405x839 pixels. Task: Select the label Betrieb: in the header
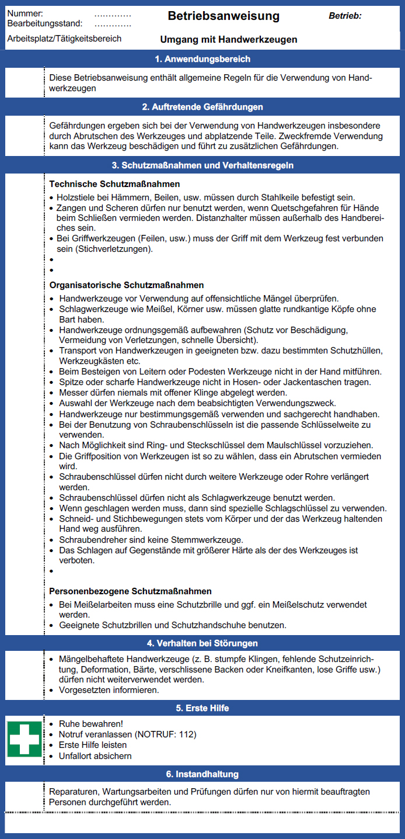pos(345,16)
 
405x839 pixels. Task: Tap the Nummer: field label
pos(25,13)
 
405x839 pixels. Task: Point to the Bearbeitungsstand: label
pos(45,23)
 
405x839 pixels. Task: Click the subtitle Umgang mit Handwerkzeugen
pos(229,40)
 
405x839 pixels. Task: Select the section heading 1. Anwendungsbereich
pos(202,59)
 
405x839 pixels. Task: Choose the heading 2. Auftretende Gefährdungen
pos(202,107)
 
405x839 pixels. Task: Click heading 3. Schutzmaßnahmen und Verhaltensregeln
pos(202,165)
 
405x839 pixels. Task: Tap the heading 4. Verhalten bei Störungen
pos(202,643)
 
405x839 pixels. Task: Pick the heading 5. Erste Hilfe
pos(202,708)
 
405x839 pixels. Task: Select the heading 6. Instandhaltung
pos(202,774)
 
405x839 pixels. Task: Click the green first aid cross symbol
pos(25,739)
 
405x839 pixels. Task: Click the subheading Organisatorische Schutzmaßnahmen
pos(127,285)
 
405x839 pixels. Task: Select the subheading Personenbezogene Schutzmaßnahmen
pos(130,591)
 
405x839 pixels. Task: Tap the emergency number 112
pos(188,734)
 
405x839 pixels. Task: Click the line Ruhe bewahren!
pos(91,723)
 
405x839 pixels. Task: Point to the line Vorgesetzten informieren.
pos(109,690)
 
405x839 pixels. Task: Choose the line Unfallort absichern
pos(95,756)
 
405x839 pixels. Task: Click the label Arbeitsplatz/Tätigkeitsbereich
pos(65,39)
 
